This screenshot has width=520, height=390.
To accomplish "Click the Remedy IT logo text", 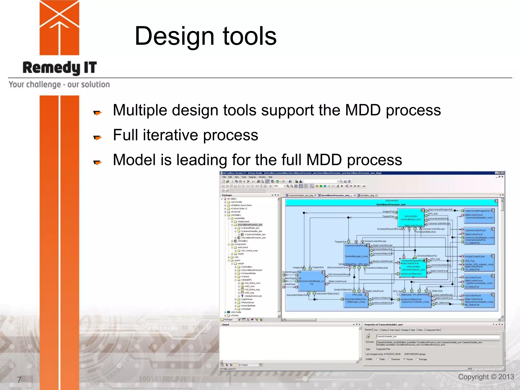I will pos(60,68).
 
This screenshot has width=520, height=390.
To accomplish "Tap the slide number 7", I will pos(19,380).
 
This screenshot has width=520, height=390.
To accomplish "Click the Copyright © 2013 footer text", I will pos(486,377).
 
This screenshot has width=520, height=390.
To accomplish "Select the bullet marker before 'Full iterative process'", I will pos(97,137).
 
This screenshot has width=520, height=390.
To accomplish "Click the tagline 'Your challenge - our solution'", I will pos(59,85).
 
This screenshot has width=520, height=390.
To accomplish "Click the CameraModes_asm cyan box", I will pos(411,218).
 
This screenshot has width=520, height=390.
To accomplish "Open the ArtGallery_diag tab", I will pos(367,195).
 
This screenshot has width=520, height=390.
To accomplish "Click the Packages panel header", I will pos(227,195).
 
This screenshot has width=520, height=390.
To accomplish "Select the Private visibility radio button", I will pos(404,359).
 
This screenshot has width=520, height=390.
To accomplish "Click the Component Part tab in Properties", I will pos(433,330).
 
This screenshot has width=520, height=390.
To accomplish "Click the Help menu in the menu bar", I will pos(270,177).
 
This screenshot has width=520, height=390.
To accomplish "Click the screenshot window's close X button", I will pos(502,173).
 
